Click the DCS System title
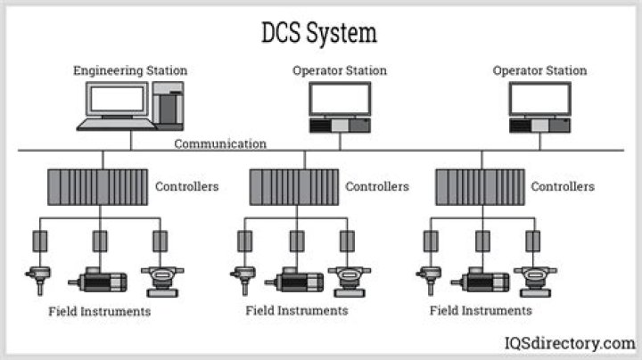(x=319, y=33)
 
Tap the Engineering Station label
(x=130, y=70)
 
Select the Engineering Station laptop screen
(x=117, y=99)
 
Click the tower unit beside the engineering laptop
(x=168, y=105)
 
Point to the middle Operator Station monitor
(x=340, y=99)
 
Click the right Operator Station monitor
(x=539, y=99)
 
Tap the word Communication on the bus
(x=220, y=144)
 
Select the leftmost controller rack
(x=97, y=187)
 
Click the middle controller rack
(x=294, y=187)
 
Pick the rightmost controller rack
(x=480, y=187)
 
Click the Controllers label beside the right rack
(x=563, y=186)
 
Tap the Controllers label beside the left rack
(x=186, y=186)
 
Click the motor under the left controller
(x=97, y=280)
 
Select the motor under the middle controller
(x=294, y=280)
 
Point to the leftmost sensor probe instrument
(x=38, y=281)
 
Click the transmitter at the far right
(x=535, y=282)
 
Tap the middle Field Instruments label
(x=297, y=310)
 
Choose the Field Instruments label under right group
(x=481, y=310)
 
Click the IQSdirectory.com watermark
(x=570, y=343)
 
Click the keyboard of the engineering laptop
(x=117, y=125)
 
